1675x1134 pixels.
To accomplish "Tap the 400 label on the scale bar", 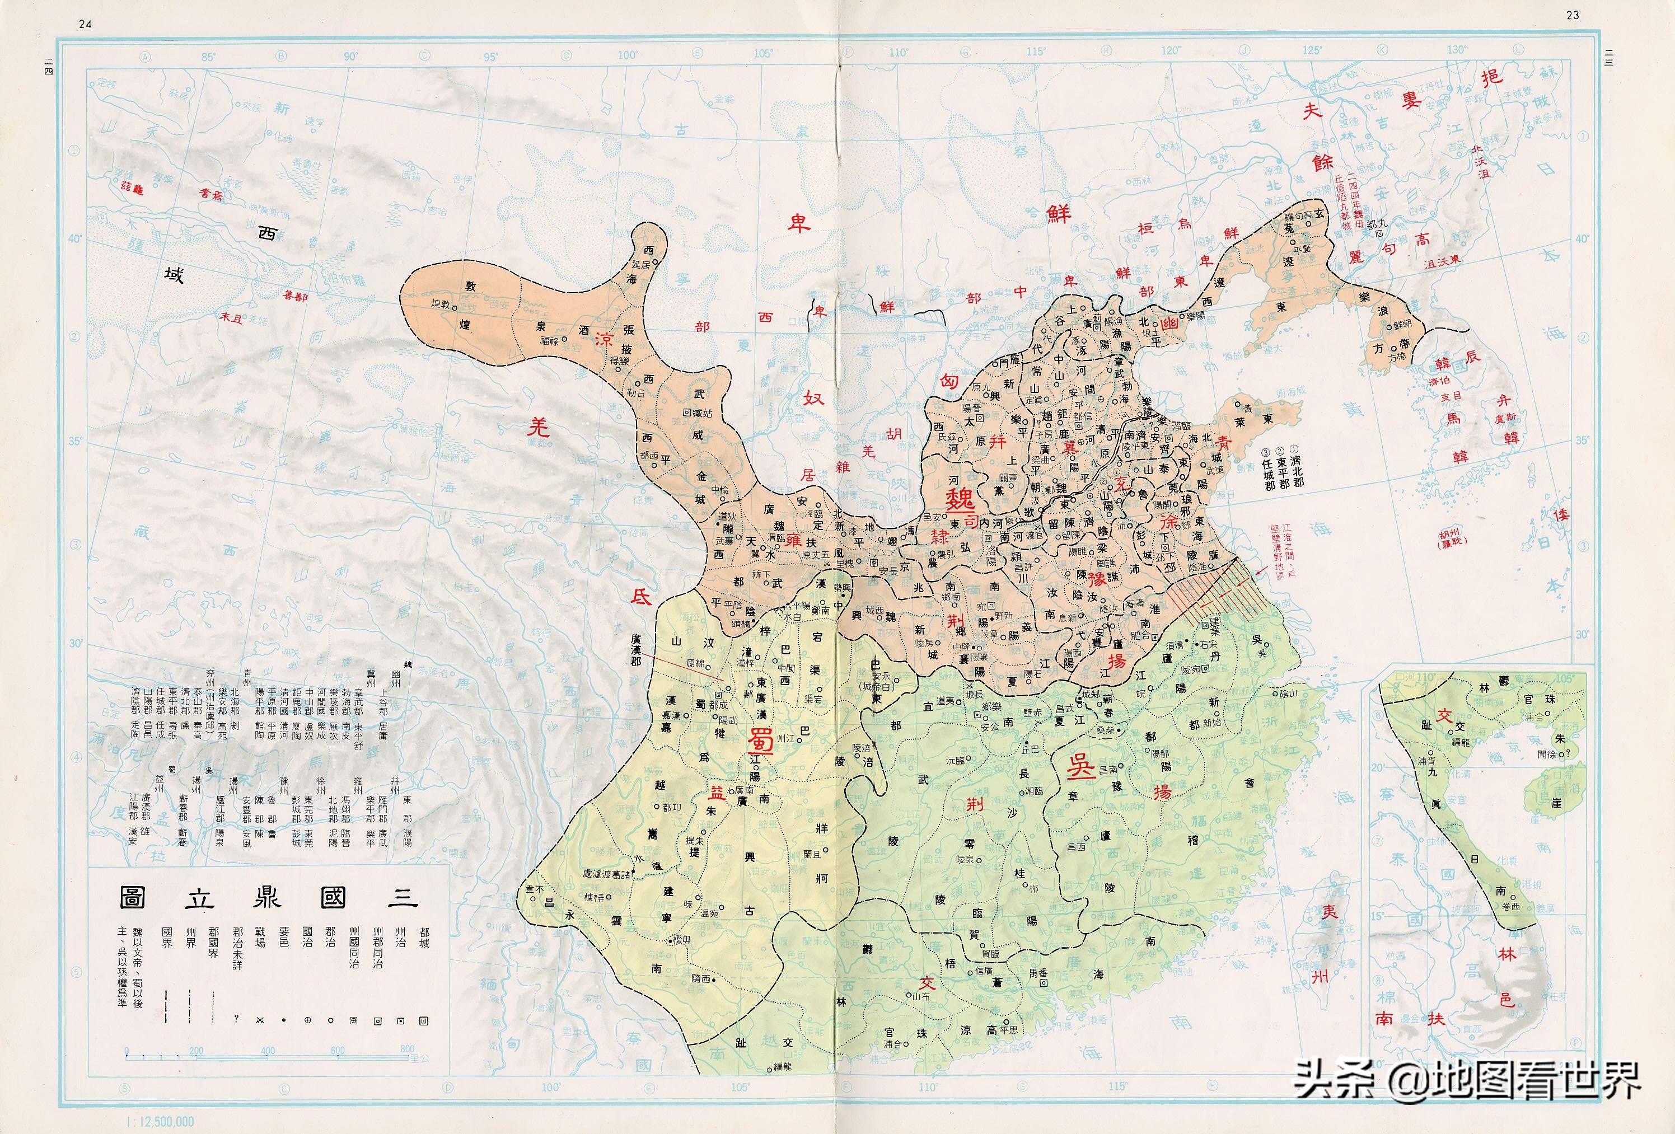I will pyautogui.click(x=268, y=1051).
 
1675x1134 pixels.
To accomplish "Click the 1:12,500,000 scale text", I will pyautogui.click(x=160, y=1122).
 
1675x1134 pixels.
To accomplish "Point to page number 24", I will pyautogui.click(x=85, y=24).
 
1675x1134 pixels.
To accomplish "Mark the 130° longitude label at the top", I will pyautogui.click(x=1457, y=50).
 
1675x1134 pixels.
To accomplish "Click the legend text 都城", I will pyautogui.click(x=424, y=938).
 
